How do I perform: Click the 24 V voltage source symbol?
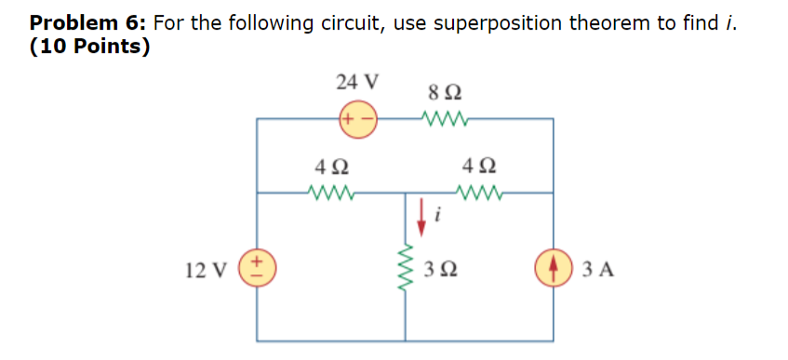358,119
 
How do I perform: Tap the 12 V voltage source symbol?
257,270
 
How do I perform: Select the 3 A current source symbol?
554,270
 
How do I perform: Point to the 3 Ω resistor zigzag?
406,270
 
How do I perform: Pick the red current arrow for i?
423,211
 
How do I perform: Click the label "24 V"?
357,82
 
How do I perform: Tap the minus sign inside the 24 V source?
367,119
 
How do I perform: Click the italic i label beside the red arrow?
437,218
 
